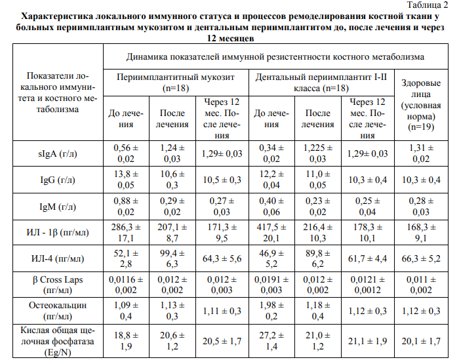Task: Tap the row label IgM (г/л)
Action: click(x=58, y=206)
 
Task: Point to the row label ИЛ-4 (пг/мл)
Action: click(x=58, y=260)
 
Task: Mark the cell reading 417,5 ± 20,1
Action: click(x=272, y=233)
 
